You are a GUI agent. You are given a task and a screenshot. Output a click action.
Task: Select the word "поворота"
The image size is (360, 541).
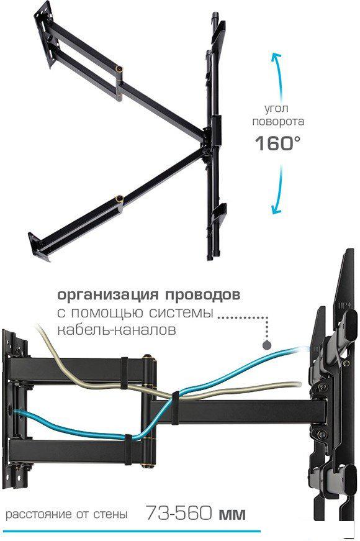(x=278, y=122)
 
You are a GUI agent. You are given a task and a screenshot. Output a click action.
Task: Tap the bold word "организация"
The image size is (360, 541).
(x=108, y=295)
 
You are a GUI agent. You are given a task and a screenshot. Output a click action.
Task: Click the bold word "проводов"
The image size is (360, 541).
(x=203, y=295)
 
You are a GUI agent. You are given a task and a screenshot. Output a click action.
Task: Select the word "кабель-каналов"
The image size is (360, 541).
(x=117, y=329)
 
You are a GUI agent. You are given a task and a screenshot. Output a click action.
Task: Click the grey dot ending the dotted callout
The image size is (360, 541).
(x=266, y=344)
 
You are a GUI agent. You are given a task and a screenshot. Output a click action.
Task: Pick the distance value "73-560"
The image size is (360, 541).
(x=178, y=512)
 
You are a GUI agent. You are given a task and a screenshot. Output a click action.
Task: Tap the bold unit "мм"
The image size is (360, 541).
(x=232, y=514)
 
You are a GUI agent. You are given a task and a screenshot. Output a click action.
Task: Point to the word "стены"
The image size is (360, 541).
(x=110, y=514)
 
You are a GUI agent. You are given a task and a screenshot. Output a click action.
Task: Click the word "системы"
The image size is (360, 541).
(x=181, y=313)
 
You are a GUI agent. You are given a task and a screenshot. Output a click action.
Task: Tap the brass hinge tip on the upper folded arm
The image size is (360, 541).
(x=120, y=69)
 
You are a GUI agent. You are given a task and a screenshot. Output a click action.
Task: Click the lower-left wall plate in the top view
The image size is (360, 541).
(x=40, y=247)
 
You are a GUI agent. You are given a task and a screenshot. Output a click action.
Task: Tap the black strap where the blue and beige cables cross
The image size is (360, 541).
(x=175, y=407)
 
